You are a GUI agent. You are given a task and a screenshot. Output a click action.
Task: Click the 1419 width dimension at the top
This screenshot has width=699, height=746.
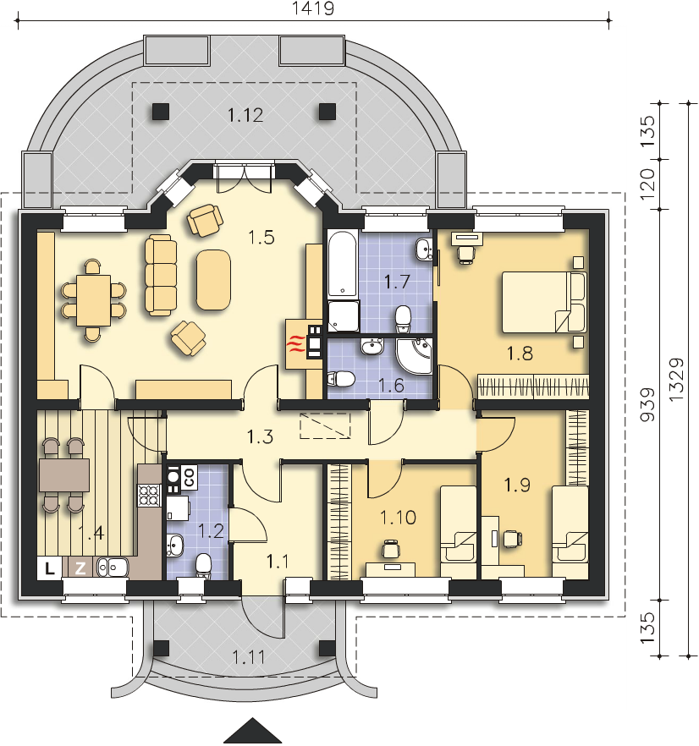(x=313, y=8)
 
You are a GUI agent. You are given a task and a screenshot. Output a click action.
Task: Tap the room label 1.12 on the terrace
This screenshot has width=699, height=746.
(x=245, y=115)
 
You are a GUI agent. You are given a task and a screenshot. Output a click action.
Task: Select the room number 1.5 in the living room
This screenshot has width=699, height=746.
(x=261, y=237)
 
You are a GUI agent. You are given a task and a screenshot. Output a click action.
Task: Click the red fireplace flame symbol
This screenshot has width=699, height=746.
(x=296, y=343)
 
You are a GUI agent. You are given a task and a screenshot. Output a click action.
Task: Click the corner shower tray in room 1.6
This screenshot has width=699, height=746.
(x=415, y=356)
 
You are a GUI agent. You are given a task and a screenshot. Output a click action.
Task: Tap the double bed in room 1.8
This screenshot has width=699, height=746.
(x=544, y=302)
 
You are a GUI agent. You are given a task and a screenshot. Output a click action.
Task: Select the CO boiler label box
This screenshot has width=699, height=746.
(x=189, y=477)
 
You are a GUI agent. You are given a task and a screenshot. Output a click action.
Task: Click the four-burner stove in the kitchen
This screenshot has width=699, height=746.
(x=149, y=495)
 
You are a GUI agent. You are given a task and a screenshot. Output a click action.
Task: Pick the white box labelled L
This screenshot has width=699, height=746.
(x=50, y=568)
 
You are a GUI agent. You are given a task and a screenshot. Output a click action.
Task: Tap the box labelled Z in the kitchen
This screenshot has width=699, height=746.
(x=81, y=568)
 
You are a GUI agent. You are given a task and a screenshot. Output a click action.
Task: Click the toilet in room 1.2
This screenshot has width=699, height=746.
(x=203, y=566)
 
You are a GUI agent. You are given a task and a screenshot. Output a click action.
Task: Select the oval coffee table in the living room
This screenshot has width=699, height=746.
(x=213, y=280)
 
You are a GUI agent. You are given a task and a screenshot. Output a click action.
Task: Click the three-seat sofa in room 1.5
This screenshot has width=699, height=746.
(x=161, y=275)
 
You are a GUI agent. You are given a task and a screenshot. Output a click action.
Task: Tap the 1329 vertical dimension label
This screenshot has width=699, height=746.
(x=676, y=379)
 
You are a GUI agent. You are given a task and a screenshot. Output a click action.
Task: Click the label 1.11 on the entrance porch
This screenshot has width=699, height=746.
(x=249, y=657)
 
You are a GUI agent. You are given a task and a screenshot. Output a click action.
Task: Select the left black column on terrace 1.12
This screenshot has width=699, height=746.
(x=161, y=112)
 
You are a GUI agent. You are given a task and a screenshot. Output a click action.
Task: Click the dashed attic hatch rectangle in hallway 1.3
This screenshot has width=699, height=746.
(x=325, y=425)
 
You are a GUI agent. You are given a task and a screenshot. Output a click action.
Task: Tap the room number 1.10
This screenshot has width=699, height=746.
(x=398, y=517)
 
